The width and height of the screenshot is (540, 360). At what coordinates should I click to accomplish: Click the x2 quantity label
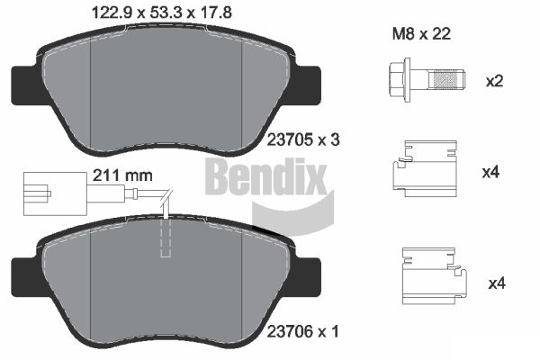tap(493, 82)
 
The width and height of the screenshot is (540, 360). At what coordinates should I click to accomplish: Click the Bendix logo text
tap(265, 177)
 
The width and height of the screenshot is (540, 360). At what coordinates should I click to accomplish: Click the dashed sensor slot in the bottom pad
tap(165, 238)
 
